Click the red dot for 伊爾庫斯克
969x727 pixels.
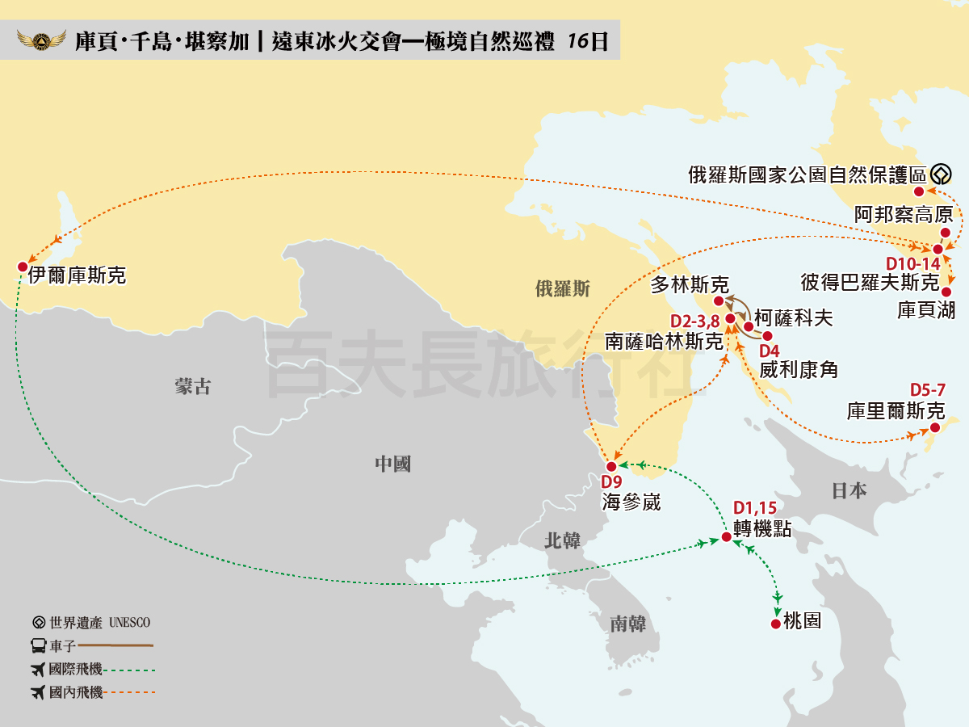point(22,267)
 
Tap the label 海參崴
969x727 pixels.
point(631,502)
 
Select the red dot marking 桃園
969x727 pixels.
point(776,624)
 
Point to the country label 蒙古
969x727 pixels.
point(192,386)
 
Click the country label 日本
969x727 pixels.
point(849,490)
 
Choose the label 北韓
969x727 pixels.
point(562,540)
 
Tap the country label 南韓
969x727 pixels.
point(627,623)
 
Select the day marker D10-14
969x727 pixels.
point(913,263)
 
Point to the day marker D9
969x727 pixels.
point(611,482)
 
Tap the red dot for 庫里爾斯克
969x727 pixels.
point(934,427)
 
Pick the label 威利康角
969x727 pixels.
point(799,370)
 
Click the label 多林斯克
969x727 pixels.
point(690,284)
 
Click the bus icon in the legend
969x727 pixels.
point(38,645)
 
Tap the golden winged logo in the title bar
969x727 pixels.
point(42,40)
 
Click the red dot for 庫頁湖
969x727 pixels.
point(946,292)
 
